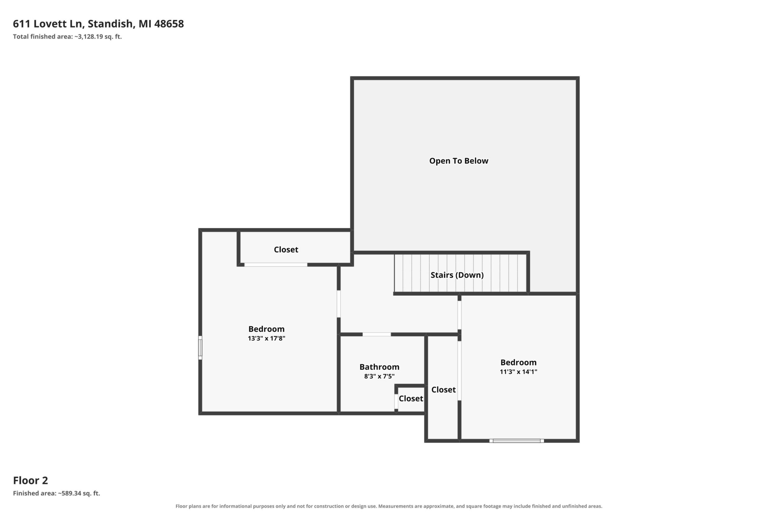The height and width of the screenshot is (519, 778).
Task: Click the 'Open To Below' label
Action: pos(459,161)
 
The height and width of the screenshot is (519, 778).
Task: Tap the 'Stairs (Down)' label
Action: pos(457,275)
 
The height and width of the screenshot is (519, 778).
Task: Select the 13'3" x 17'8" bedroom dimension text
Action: pos(266,338)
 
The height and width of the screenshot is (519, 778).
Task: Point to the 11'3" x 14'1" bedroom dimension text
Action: pos(518,371)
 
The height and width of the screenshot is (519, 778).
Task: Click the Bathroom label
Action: pos(379,367)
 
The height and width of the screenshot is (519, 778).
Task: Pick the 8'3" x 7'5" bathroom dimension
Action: pos(379,376)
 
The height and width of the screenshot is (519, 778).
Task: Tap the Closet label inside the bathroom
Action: pos(411,399)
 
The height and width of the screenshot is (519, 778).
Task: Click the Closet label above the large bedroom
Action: pos(286,250)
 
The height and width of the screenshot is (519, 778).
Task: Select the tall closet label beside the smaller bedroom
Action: pos(444,390)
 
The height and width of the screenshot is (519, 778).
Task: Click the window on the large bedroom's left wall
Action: pos(200,347)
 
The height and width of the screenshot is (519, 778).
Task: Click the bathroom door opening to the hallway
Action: pos(377,334)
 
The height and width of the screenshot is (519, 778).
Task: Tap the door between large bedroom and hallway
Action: pos(339,304)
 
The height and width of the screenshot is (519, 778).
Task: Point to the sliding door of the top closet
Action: pos(276,264)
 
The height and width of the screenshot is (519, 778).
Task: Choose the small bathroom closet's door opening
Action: pos(396,401)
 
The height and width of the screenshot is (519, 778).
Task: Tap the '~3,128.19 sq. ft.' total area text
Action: pos(98,37)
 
